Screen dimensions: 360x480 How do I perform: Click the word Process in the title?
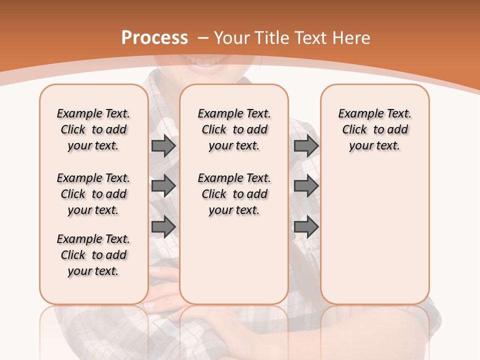[x=154, y=38]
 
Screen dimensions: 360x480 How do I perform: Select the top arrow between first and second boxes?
[x=163, y=146]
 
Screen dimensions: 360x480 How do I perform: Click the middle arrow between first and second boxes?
[x=163, y=186]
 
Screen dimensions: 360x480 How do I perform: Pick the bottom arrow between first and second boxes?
[x=163, y=226]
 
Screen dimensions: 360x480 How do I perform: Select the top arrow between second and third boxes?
[x=306, y=146]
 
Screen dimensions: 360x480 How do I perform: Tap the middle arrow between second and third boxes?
[x=306, y=186]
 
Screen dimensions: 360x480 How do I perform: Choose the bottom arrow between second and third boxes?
[x=306, y=226]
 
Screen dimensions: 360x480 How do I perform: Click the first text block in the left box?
[x=93, y=129]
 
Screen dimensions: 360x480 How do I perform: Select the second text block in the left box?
[x=93, y=194]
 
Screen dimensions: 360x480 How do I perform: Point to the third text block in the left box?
[x=93, y=255]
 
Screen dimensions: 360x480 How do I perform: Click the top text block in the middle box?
[x=234, y=129]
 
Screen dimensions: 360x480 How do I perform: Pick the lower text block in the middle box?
[x=234, y=194]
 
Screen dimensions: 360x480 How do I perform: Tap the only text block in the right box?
[x=375, y=129]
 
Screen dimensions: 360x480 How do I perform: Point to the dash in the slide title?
[x=203, y=38]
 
